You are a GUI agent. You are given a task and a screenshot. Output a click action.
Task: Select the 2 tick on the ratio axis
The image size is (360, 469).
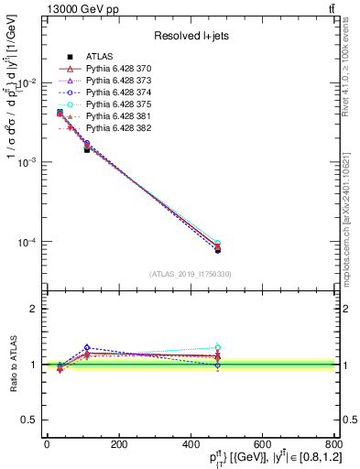pos(33,309)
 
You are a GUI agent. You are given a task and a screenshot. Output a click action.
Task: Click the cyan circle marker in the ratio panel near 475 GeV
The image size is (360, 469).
pos(217,347)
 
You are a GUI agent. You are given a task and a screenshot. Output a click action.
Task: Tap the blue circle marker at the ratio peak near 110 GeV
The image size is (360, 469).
pos(87,348)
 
